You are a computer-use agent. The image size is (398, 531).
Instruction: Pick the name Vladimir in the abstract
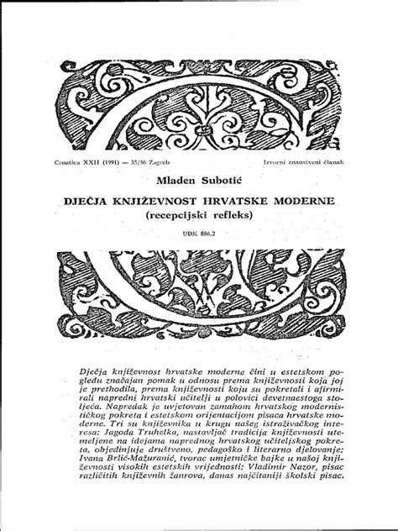[x=252, y=485]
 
